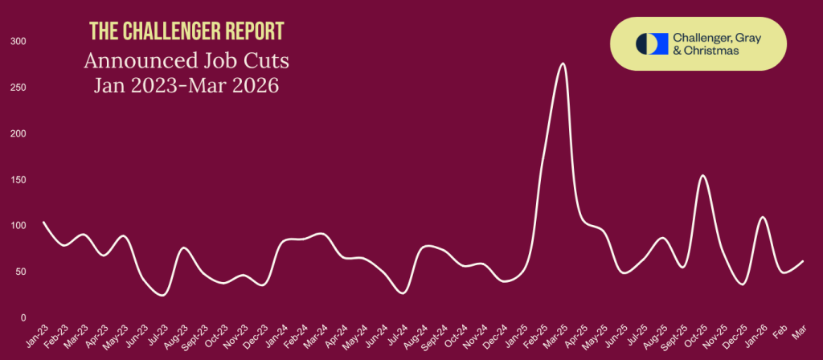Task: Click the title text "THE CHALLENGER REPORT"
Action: tap(186, 32)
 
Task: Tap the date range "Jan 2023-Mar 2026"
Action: tap(186, 85)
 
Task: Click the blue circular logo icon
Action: tap(647, 43)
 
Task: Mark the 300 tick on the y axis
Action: tap(18, 41)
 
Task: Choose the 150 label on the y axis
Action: tap(18, 180)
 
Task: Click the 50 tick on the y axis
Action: tap(20, 272)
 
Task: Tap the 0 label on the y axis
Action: tap(23, 318)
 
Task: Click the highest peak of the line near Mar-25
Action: tap(562, 63)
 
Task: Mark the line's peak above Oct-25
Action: tap(702, 175)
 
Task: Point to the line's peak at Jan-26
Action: tap(763, 217)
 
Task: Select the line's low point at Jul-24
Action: tap(403, 293)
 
